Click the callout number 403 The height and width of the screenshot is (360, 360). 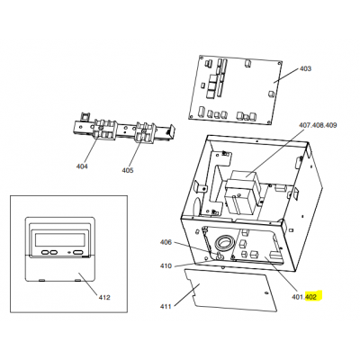point(305,68)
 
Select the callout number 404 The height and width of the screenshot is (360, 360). point(82,166)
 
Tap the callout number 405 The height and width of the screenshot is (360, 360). point(128,170)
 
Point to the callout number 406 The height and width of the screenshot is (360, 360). point(166,242)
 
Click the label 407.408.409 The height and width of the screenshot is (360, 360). point(318,125)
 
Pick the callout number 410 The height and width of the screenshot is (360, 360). point(166,265)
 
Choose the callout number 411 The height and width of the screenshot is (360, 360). point(166,307)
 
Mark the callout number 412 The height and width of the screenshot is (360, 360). point(104,297)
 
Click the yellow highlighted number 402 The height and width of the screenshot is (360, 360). point(310,297)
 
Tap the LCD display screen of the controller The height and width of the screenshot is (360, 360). point(60,239)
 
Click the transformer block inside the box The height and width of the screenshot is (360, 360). point(243,192)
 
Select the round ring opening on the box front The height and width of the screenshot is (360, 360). point(224,243)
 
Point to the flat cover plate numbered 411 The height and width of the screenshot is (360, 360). point(229,290)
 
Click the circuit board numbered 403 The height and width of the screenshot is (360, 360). point(236,89)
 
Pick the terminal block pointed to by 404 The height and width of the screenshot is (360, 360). point(104,130)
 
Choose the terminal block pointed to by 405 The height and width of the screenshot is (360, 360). point(146,131)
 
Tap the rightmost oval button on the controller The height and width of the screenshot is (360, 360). point(78,253)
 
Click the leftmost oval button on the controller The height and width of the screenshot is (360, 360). point(45,253)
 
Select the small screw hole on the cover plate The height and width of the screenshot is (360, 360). point(265,292)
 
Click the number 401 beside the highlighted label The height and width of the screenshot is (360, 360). point(298,297)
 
